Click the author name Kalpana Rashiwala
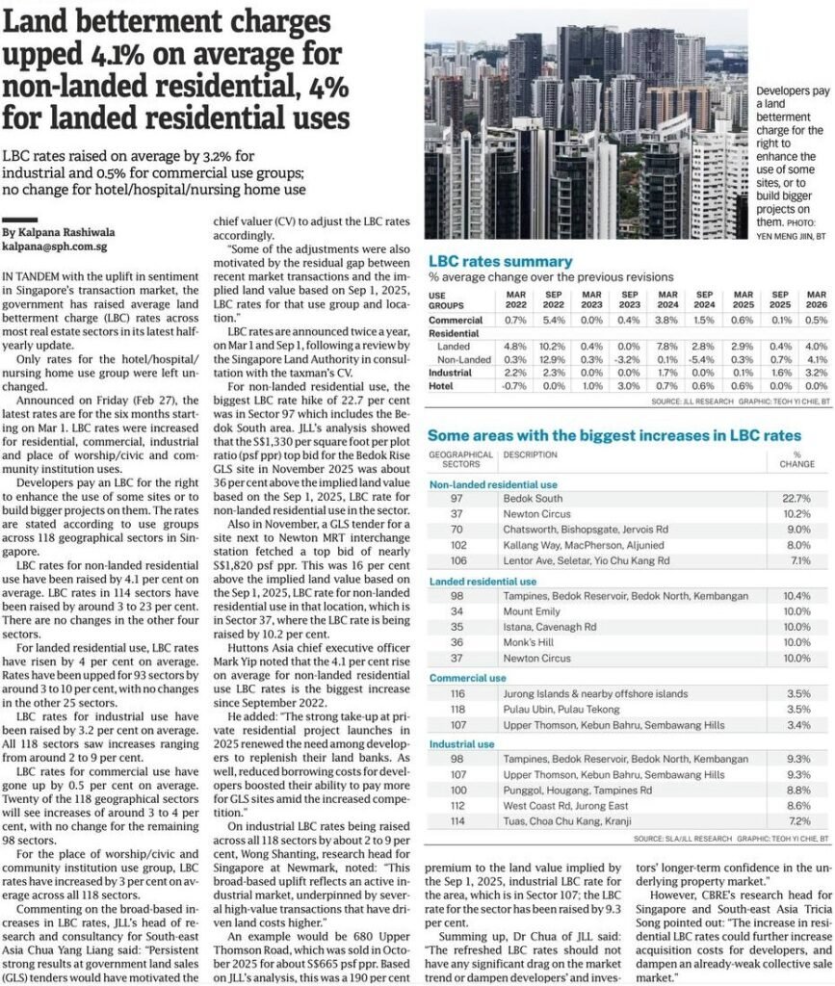(58, 233)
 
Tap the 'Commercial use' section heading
(467, 678)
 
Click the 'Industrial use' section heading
(462, 743)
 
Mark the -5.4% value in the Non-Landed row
(704, 357)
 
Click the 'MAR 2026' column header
(815, 299)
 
